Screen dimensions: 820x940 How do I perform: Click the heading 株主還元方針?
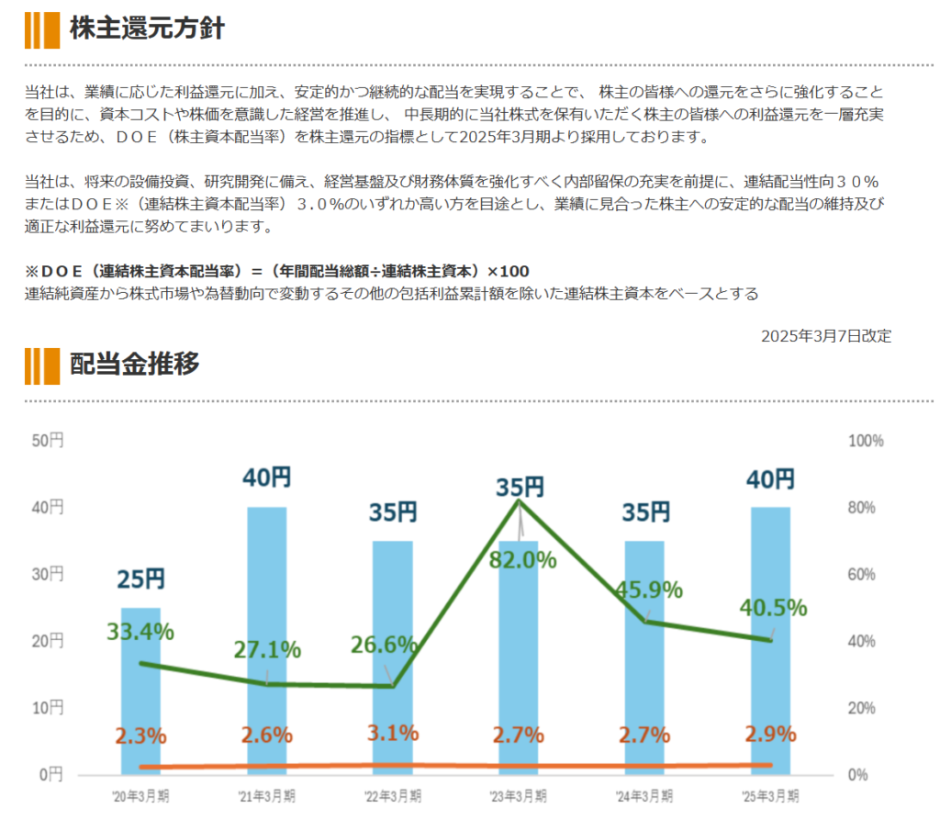point(147,28)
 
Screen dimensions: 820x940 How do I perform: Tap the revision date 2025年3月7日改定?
point(825,336)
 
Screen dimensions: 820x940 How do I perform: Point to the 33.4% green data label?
point(140,631)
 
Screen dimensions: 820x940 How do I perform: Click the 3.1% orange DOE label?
point(393,734)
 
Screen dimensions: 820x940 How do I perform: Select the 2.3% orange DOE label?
point(140,736)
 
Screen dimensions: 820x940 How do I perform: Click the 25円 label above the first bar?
point(140,579)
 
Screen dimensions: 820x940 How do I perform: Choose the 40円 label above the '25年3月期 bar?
point(770,479)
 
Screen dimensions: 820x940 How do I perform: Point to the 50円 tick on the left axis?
point(47,441)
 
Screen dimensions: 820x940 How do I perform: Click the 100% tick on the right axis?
point(867,441)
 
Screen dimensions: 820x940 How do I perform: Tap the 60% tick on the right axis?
point(864,575)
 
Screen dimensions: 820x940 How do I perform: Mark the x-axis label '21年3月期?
point(267,795)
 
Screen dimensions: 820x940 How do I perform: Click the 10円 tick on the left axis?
point(47,708)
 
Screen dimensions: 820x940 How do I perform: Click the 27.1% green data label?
point(267,649)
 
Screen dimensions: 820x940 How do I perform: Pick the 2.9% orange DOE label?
point(770,736)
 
